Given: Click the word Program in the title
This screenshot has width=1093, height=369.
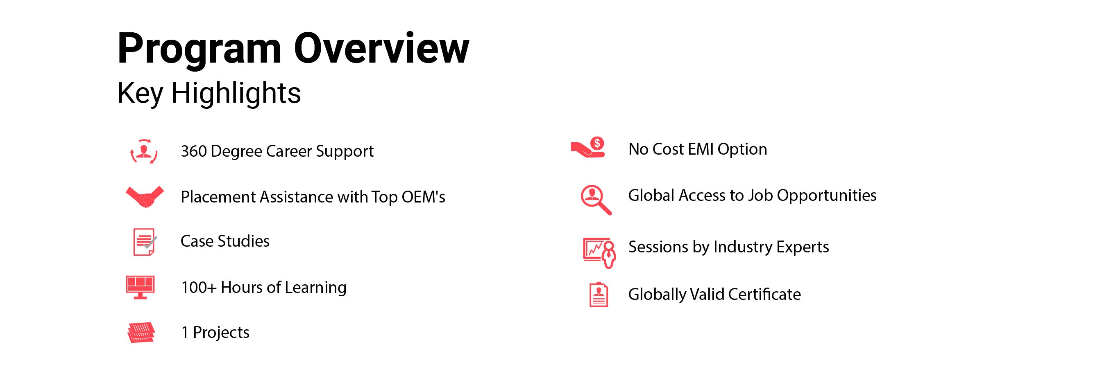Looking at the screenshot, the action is pos(200,50).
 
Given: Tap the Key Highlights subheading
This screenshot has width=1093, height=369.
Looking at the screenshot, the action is pos(209,93).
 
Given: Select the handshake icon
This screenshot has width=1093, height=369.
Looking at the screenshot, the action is pos(145,197).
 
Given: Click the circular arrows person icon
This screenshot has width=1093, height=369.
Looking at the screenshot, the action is pos(144,151).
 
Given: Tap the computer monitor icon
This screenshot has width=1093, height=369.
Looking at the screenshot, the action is pos(141,287).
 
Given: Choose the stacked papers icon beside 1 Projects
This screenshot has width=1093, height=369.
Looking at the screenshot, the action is pos(141,333).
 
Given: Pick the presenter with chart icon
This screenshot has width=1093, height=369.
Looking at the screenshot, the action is pos(599,253).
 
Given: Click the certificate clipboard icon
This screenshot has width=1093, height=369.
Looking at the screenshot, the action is pos(599,294).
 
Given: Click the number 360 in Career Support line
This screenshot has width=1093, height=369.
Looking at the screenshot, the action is pos(193,151).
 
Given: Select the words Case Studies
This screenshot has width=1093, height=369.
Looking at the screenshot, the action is pos(225,241).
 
